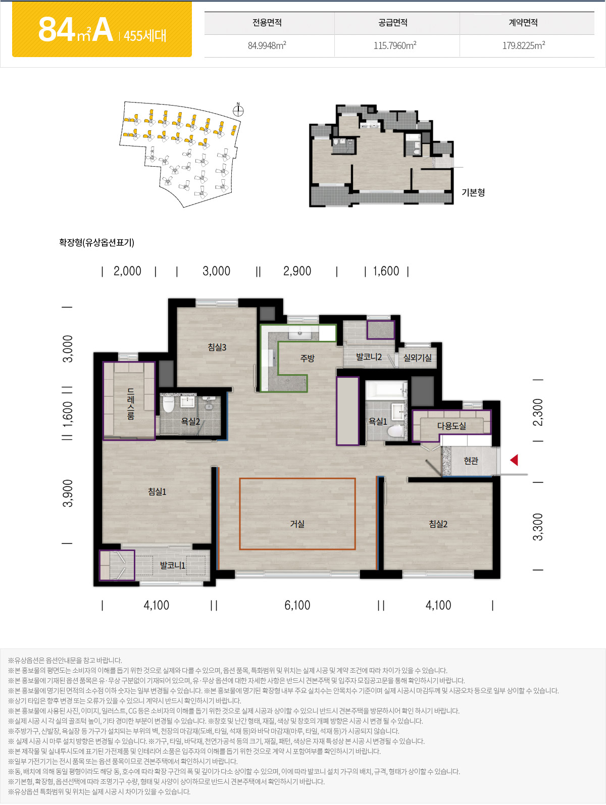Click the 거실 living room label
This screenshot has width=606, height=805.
click(297, 524)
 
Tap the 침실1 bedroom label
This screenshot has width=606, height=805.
click(157, 492)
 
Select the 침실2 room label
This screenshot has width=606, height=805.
click(438, 524)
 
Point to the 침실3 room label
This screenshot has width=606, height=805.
click(217, 347)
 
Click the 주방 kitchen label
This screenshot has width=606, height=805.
click(307, 358)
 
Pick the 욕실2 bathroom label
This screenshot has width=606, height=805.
click(190, 422)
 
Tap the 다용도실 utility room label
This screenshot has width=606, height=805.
click(451, 426)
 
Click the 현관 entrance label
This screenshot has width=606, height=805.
click(471, 461)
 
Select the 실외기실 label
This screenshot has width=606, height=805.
click(418, 358)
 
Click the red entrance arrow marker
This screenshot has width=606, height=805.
click(515, 460)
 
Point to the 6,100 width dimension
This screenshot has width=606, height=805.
click(297, 605)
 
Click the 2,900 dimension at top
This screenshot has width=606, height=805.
click(297, 271)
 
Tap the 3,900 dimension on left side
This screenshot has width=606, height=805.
click(68, 493)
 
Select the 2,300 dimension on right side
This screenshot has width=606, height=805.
click(538, 412)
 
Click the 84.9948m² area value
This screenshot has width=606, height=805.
click(267, 45)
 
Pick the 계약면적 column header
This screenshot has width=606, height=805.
click(523, 23)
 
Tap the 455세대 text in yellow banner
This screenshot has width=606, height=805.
click(145, 36)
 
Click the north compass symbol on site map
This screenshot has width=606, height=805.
click(238, 110)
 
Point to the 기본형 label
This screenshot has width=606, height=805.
click(473, 192)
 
